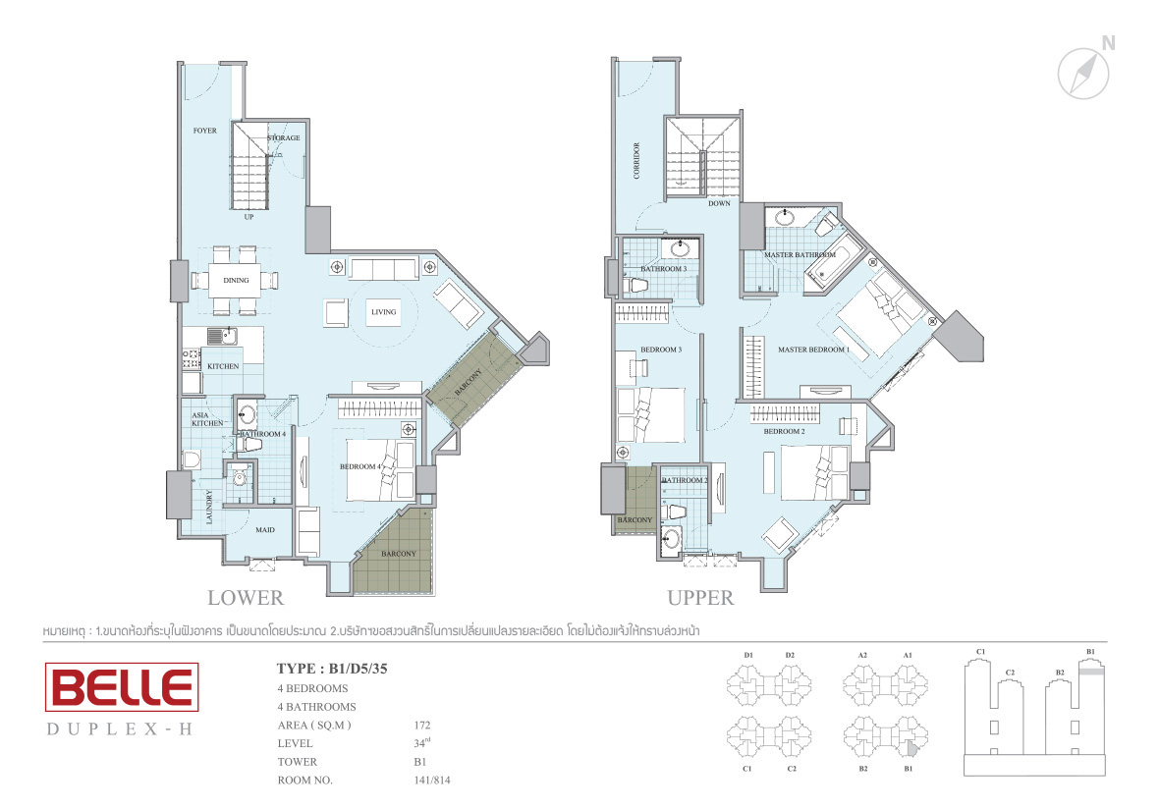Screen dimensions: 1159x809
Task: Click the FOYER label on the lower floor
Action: point(204,131)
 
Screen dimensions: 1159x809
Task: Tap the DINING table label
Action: point(236,281)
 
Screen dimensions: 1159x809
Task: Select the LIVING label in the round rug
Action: point(384,312)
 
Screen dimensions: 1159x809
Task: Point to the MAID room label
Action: point(265,530)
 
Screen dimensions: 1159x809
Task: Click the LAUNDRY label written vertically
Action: point(209,507)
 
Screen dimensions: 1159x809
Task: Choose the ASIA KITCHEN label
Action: point(207,419)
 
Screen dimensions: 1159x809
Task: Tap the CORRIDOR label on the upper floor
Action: point(636,161)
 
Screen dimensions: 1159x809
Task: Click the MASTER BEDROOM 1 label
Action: point(814,350)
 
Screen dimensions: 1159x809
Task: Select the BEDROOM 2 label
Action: point(784,431)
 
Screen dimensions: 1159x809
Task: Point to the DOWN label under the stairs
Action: point(719,203)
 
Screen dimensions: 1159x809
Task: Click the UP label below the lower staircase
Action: point(249,217)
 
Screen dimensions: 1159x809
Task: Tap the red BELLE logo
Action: point(122,687)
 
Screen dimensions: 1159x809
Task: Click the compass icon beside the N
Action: point(1082,74)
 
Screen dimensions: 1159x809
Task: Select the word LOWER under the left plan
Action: point(246,598)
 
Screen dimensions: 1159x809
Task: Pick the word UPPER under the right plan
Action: point(700,598)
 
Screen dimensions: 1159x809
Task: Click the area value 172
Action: point(422,726)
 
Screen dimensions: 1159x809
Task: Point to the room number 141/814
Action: point(431,781)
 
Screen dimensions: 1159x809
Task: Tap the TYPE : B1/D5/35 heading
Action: point(332,669)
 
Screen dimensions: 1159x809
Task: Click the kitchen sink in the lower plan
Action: point(222,337)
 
